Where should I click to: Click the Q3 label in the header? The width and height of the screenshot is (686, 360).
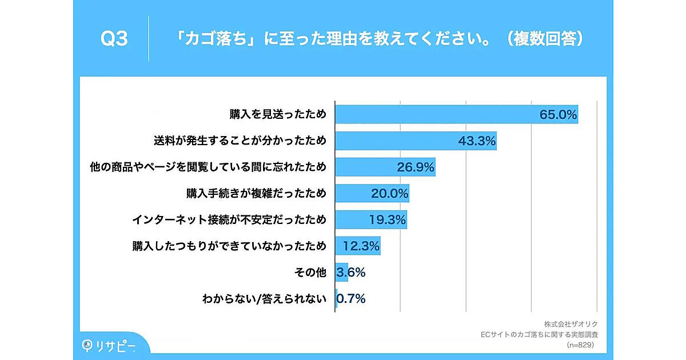pyautogui.click(x=114, y=39)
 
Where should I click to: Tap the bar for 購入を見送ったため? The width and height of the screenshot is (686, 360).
pyautogui.click(x=434, y=114)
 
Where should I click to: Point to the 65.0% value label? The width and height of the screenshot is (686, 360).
pyautogui.click(x=558, y=114)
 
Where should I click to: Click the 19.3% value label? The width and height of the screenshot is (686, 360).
pyautogui.click(x=386, y=219)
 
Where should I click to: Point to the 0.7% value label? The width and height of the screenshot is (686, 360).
pyautogui.click(x=351, y=298)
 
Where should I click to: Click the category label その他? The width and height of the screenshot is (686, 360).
pyautogui.click(x=310, y=272)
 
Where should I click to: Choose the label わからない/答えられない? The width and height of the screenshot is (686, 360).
pyautogui.click(x=264, y=298)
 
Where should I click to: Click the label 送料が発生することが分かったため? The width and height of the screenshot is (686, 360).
pyautogui.click(x=240, y=141)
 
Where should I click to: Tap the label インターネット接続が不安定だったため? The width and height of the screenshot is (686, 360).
pyautogui.click(x=229, y=219)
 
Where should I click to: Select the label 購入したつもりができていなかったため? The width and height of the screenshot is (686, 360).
pyautogui.click(x=229, y=246)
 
